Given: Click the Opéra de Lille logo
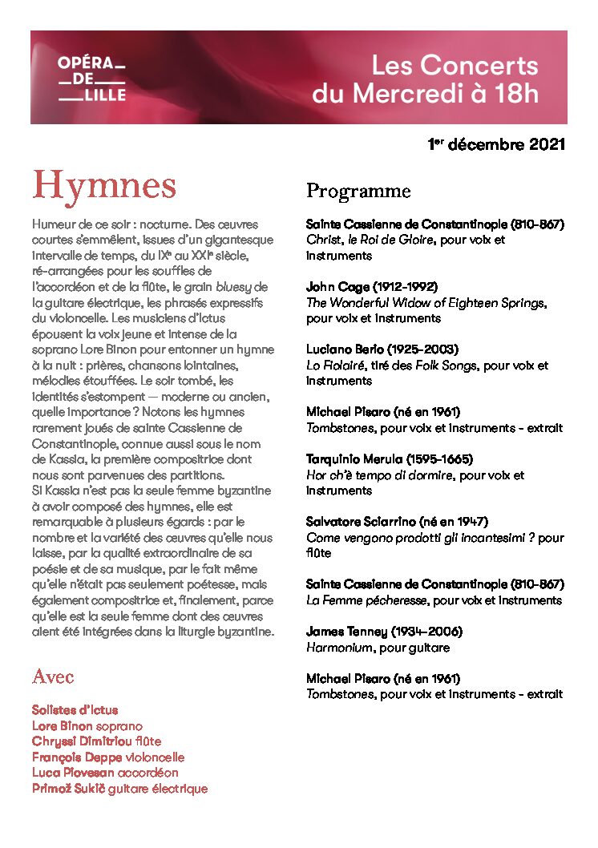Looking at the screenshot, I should (92, 79).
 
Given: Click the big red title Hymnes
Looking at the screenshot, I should (104, 186).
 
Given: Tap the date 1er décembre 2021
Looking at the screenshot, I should (496, 145).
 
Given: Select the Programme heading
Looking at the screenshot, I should (358, 192).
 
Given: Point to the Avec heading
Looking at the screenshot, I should (53, 677).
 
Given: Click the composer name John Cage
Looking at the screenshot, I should (337, 287).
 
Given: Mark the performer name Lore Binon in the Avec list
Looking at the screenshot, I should (63, 725).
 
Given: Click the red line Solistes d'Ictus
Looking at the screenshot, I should (75, 710).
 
